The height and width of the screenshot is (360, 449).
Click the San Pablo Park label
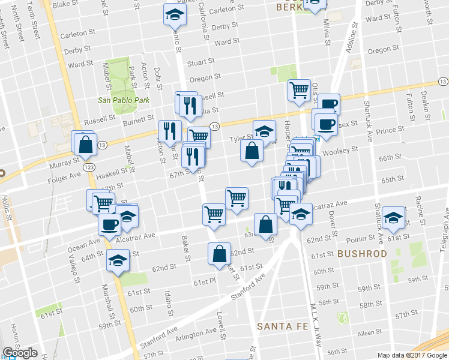click(124, 100)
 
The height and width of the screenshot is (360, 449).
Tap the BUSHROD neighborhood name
click(362, 254)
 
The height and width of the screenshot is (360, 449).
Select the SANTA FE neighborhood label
click(283, 326)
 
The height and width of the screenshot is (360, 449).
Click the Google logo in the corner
click(20, 353)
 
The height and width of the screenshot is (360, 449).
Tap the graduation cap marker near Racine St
click(394, 219)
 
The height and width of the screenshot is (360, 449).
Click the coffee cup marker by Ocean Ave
click(109, 225)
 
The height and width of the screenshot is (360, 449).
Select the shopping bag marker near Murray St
click(85, 144)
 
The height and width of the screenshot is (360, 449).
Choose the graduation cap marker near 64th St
click(118, 261)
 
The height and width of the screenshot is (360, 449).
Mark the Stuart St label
click(201, 62)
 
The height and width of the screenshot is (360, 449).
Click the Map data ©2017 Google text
click(412, 355)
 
